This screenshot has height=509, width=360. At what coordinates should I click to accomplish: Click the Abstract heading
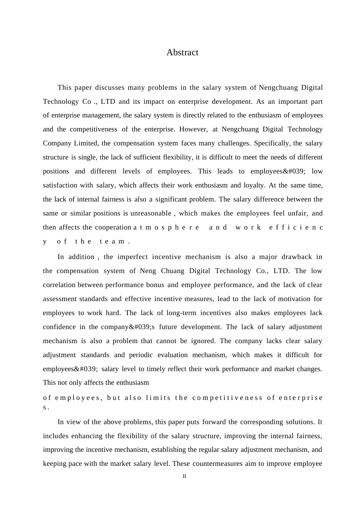(x=182, y=52)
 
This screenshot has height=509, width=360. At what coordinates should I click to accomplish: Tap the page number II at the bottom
(x=184, y=476)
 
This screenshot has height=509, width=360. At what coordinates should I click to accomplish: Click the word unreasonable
(x=151, y=213)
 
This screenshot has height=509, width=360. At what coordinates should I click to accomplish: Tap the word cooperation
(x=113, y=227)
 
